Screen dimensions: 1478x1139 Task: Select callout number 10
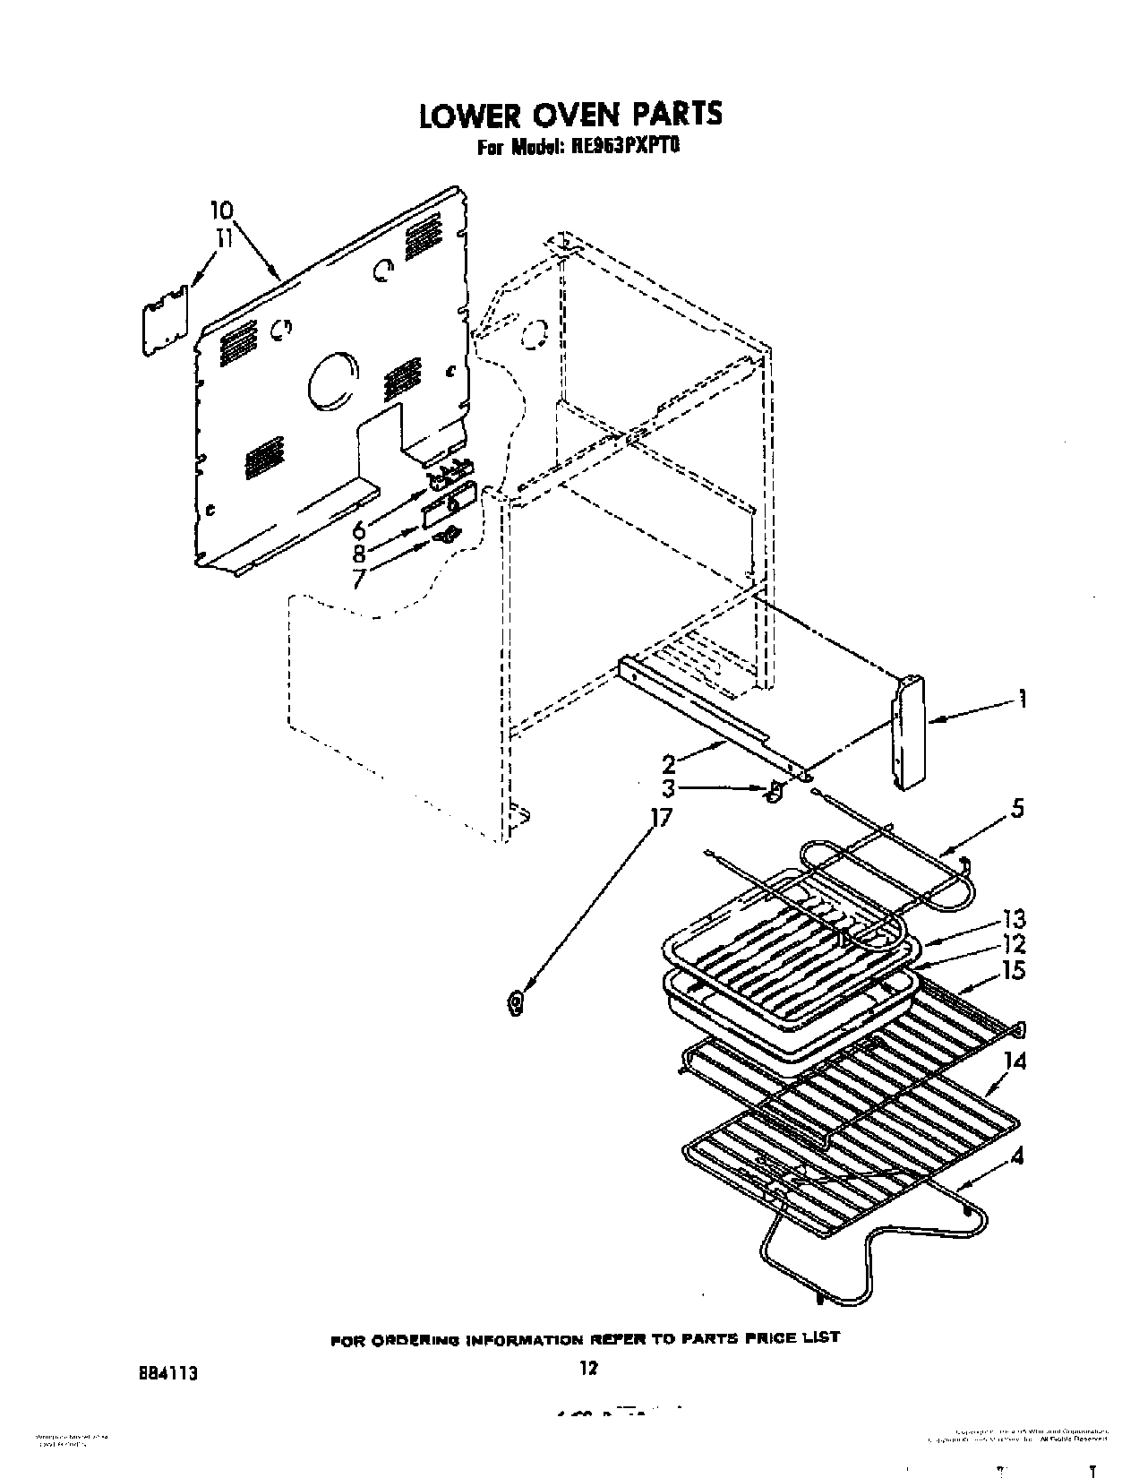click(221, 211)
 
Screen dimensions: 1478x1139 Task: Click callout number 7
click(358, 580)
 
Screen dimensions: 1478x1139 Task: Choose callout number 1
click(1022, 700)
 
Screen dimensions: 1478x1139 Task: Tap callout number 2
click(668, 763)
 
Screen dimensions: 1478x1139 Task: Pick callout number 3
click(668, 788)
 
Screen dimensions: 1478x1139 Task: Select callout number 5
click(1016, 808)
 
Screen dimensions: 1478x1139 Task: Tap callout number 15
click(1013, 970)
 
